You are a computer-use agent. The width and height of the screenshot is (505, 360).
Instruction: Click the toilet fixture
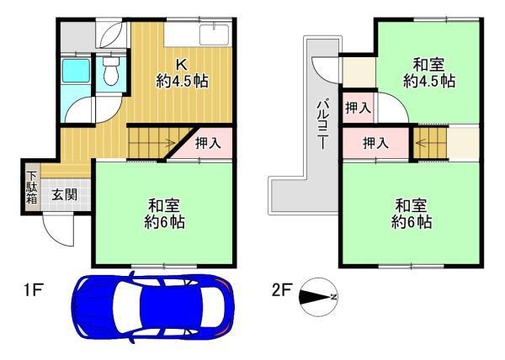(111, 72)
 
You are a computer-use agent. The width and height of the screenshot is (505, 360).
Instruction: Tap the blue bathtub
(76, 71)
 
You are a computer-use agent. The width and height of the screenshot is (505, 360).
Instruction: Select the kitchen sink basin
(214, 34)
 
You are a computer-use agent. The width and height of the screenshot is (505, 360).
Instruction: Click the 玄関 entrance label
(65, 194)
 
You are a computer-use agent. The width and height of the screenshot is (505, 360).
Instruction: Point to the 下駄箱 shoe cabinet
(32, 188)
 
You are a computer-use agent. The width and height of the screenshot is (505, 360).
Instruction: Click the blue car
(152, 308)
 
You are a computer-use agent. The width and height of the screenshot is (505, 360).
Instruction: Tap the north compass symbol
(318, 297)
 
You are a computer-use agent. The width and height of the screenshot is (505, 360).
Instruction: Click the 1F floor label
(33, 290)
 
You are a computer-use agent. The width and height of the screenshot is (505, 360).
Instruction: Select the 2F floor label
(282, 290)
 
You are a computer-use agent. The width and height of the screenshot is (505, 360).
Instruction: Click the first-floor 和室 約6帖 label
(164, 214)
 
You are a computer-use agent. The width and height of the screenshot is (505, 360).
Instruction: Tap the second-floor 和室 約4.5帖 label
(429, 72)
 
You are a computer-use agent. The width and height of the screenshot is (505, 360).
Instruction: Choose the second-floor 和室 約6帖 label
(412, 214)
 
